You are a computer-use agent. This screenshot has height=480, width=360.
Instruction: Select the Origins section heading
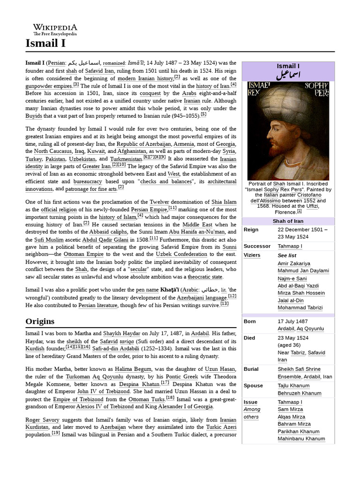coord(40,321)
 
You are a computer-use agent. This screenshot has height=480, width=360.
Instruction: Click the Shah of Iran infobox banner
coord(288,221)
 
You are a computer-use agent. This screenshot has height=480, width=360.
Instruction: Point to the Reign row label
coord(251,230)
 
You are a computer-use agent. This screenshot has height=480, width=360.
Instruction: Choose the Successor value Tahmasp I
coord(290,246)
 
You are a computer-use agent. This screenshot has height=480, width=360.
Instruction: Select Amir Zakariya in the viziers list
coord(293,263)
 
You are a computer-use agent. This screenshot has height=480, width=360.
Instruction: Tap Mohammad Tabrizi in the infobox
coord(300,307)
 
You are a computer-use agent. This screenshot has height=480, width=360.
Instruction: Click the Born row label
coord(250,321)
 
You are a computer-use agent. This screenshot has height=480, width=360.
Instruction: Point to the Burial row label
coord(251,369)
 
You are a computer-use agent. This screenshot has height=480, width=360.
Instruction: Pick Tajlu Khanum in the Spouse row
coord(293,385)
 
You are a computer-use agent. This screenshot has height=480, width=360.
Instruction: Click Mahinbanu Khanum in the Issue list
coord(301,439)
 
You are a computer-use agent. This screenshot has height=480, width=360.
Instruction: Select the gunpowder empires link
coord(49,86)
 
